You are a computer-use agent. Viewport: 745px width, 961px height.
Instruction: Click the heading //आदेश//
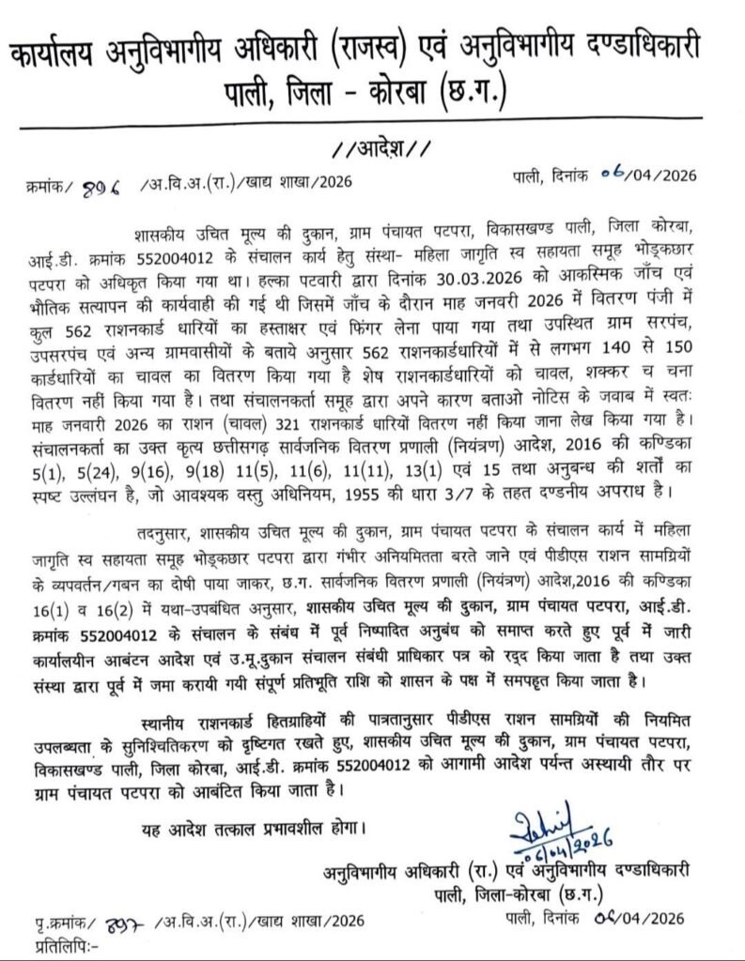(374, 147)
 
